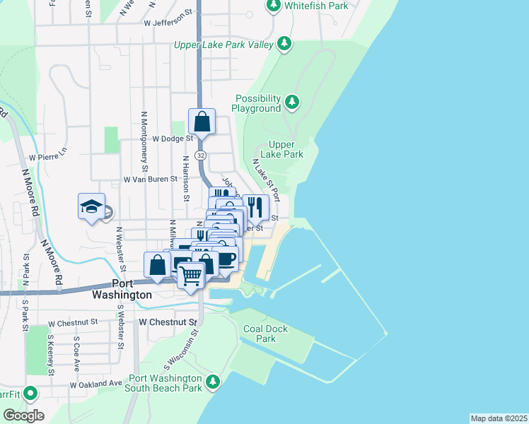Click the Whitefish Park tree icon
click(x=274, y=6)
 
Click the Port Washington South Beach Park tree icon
click(x=211, y=382)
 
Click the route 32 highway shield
click(x=202, y=155)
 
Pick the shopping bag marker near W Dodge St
click(x=202, y=121)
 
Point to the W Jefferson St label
click(x=168, y=23)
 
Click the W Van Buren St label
click(x=150, y=179)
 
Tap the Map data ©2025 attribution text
click(x=499, y=418)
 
